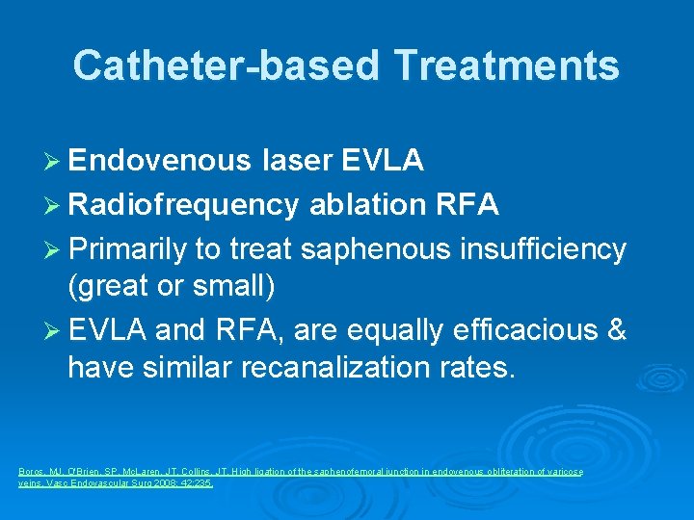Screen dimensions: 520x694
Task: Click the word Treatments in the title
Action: click(506, 65)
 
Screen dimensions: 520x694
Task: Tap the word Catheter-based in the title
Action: click(225, 65)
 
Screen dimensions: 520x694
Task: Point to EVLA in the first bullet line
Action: click(384, 161)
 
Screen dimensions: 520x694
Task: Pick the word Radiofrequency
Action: click(183, 205)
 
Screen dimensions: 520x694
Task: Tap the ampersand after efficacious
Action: click(616, 330)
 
